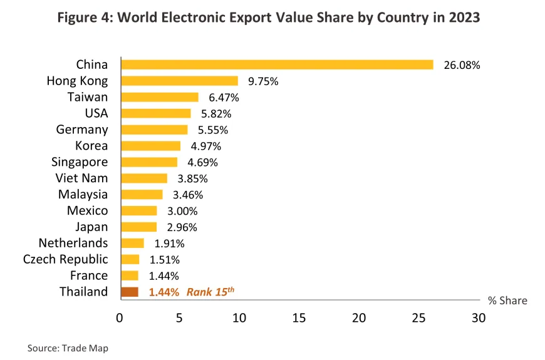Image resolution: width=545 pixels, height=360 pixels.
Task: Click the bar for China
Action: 277,64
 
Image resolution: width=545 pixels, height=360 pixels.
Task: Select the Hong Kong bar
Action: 179,81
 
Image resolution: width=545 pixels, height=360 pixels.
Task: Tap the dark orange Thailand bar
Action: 130,292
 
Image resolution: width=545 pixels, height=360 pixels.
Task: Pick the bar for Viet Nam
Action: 144,178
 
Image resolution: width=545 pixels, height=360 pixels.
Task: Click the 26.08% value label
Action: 462,64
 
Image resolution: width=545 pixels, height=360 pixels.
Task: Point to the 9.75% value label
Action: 262,81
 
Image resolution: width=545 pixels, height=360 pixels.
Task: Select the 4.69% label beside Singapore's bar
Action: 202,162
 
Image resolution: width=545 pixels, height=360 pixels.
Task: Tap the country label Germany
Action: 82,130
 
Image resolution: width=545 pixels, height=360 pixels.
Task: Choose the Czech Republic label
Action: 66,259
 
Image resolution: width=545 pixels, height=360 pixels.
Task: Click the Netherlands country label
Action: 73,243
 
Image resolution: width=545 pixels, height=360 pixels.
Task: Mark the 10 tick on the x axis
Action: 239,318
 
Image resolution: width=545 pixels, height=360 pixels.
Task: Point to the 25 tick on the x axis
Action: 418,318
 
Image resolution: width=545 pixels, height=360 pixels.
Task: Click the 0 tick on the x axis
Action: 120,318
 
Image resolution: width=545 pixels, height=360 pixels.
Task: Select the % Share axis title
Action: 507,301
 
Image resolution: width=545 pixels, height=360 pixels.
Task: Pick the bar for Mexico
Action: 139,210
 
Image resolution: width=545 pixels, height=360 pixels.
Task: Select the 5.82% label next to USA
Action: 216,113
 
